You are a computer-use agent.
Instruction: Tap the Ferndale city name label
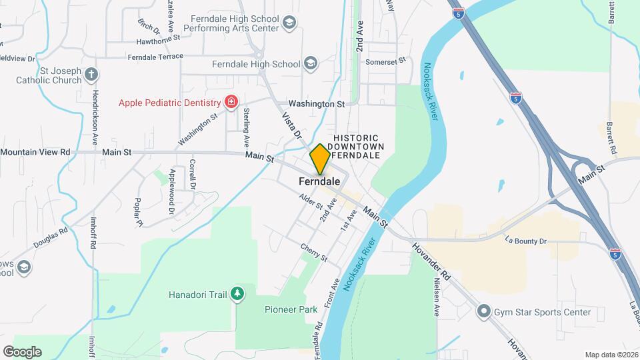click(x=320, y=181)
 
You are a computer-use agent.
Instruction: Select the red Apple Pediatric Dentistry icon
click(x=231, y=103)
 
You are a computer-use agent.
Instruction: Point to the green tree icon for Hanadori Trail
click(x=237, y=293)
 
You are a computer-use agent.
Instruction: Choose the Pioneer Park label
click(x=291, y=309)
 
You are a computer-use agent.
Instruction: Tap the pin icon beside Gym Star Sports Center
click(x=484, y=311)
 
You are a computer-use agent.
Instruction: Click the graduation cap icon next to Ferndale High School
click(x=309, y=64)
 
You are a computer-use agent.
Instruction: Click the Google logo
click(x=22, y=351)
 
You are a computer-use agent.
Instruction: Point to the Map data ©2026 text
click(x=611, y=355)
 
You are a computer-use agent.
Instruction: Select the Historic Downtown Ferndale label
click(x=357, y=146)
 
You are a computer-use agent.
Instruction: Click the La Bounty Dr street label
click(x=526, y=239)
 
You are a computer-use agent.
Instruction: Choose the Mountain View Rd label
click(x=35, y=152)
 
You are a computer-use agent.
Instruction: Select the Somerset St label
click(x=385, y=61)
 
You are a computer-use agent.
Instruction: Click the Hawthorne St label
click(x=158, y=39)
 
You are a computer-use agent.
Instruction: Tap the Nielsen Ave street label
click(x=437, y=298)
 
